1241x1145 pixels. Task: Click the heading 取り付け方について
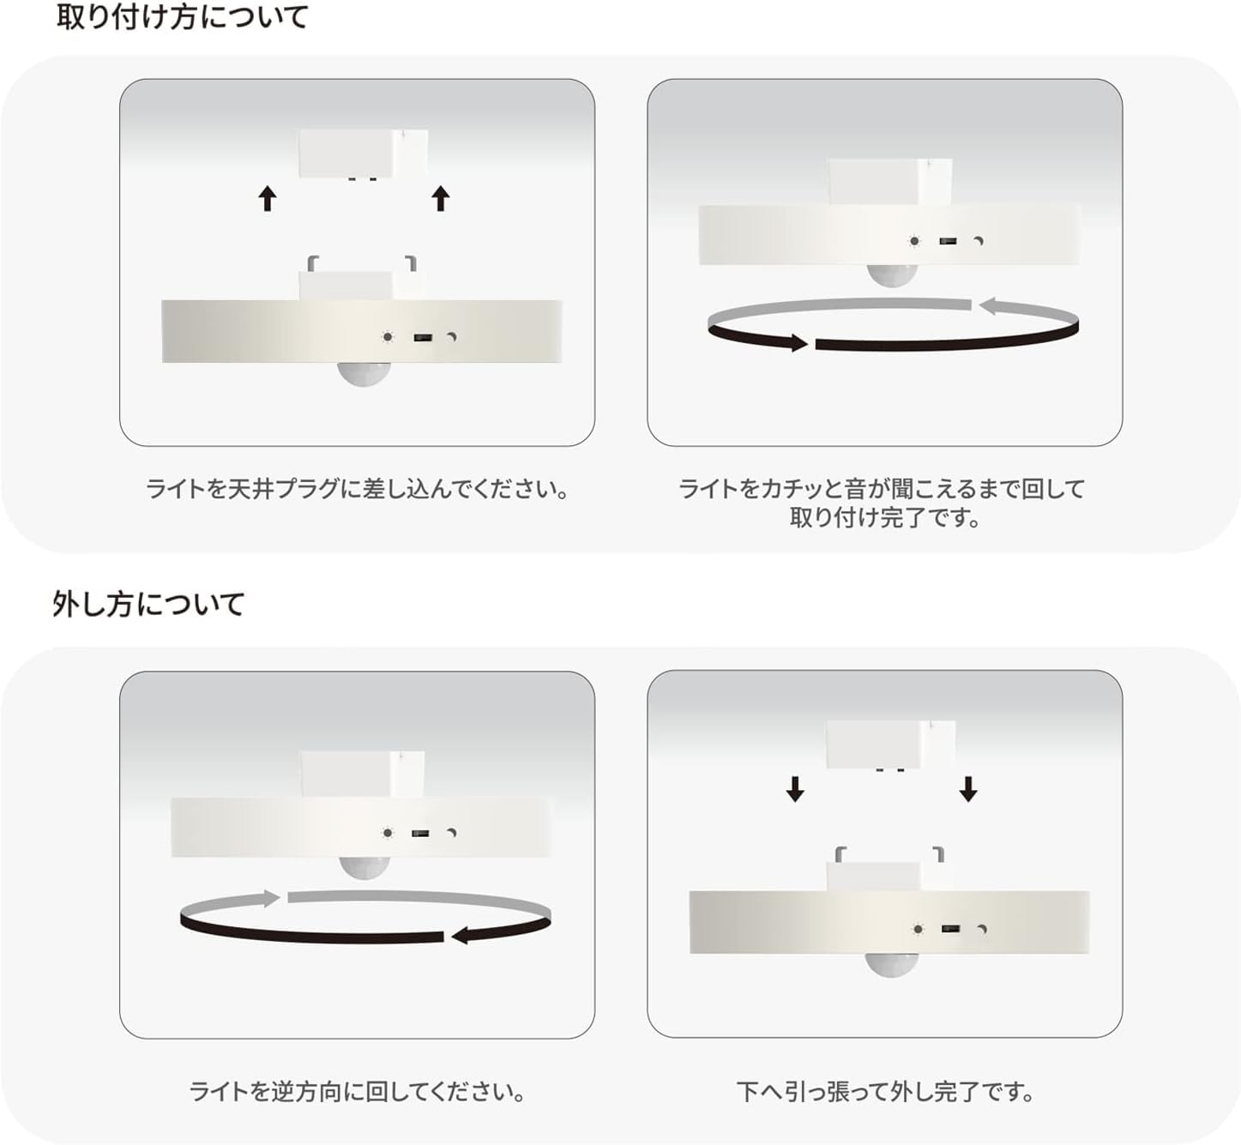point(182,17)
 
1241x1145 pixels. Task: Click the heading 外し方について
point(148,604)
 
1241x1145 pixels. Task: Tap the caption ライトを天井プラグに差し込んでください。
point(357,489)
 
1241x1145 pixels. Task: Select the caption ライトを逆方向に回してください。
point(357,1092)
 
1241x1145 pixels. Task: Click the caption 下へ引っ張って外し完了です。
point(885,1092)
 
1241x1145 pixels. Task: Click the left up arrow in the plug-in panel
point(268,199)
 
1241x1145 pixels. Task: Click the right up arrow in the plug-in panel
point(441,198)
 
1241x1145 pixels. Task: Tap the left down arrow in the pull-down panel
point(795,788)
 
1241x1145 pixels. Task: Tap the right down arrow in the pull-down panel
point(968,788)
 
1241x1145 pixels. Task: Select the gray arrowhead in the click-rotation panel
point(990,305)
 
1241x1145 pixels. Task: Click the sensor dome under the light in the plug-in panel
point(364,374)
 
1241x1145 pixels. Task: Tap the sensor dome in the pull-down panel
point(891,965)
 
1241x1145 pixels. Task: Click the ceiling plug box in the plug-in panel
point(362,154)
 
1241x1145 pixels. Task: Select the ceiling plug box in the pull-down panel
point(889,744)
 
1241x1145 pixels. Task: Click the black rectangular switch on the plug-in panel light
point(422,338)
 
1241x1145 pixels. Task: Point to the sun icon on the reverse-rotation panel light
point(388,833)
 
